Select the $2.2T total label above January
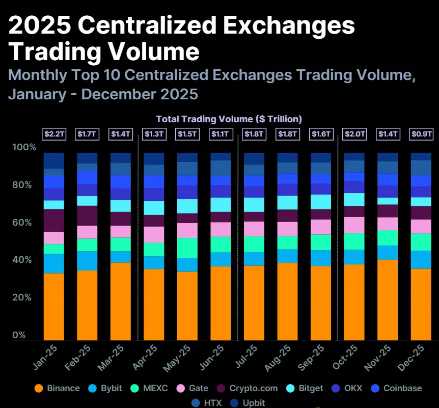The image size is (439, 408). click(53, 134)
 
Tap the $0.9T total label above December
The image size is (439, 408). click(421, 134)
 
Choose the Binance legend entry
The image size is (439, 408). click(57, 388)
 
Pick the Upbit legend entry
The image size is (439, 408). click(248, 402)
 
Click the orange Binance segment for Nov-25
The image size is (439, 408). click(388, 300)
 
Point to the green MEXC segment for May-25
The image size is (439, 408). click(187, 248)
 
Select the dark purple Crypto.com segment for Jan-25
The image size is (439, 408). click(53, 220)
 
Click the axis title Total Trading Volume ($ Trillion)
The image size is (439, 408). click(229, 119)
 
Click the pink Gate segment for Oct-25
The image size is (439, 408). click(354, 225)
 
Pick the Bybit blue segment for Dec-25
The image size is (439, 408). click(421, 259)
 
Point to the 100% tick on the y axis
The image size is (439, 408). click(24, 148)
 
